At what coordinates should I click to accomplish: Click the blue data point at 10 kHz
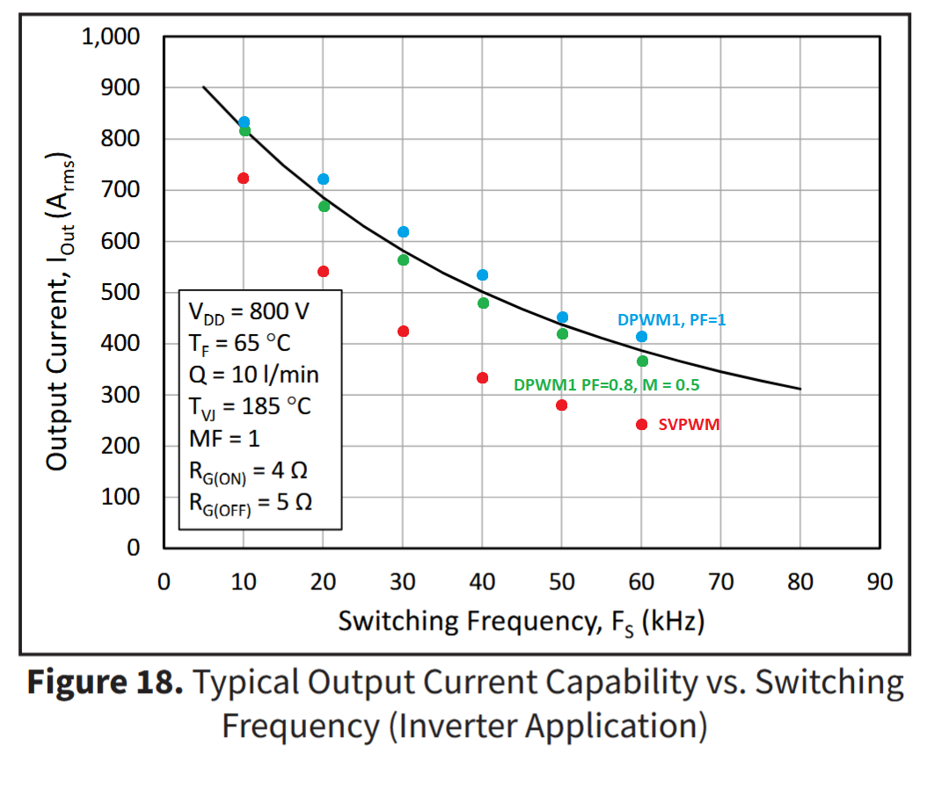click(x=244, y=122)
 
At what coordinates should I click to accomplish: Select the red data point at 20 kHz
click(x=323, y=271)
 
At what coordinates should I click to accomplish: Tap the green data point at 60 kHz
click(x=642, y=361)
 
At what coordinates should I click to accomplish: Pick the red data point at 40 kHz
click(x=482, y=377)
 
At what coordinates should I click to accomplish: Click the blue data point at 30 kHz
click(x=403, y=231)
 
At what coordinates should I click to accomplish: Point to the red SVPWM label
click(x=689, y=425)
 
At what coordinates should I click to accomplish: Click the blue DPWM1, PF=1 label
click(x=671, y=321)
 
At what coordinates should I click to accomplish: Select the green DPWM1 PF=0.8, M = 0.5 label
click(x=606, y=385)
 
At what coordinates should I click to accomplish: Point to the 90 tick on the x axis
click(x=880, y=582)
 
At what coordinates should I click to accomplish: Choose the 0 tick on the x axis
click(x=164, y=582)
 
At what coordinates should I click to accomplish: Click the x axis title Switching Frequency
click(x=522, y=622)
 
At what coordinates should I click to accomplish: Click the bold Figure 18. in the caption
click(x=105, y=683)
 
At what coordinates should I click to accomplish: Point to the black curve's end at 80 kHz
click(x=799, y=388)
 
